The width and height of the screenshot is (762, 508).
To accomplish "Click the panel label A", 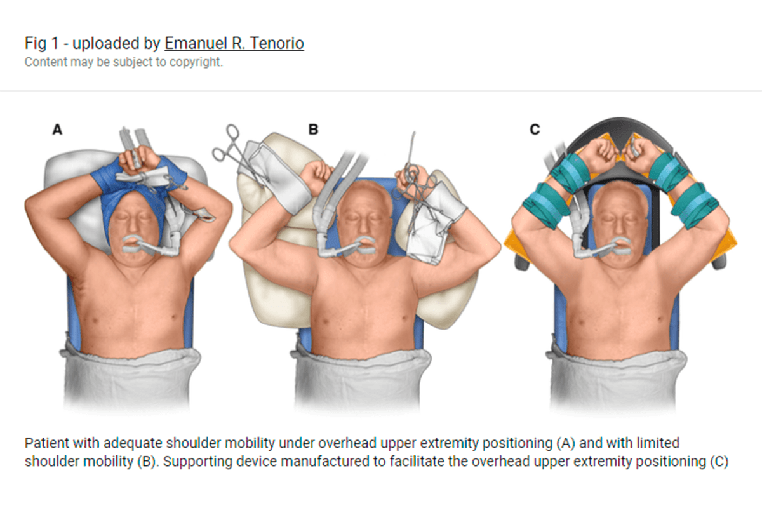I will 57,130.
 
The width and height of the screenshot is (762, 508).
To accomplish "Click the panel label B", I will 313,130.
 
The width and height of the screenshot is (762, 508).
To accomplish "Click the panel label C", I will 535,130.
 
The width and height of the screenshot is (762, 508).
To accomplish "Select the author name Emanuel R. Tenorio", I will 234,44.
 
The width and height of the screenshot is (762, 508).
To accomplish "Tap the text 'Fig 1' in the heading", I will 40,44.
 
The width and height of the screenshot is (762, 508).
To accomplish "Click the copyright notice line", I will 123,63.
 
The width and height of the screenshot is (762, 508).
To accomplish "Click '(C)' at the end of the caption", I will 718,462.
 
